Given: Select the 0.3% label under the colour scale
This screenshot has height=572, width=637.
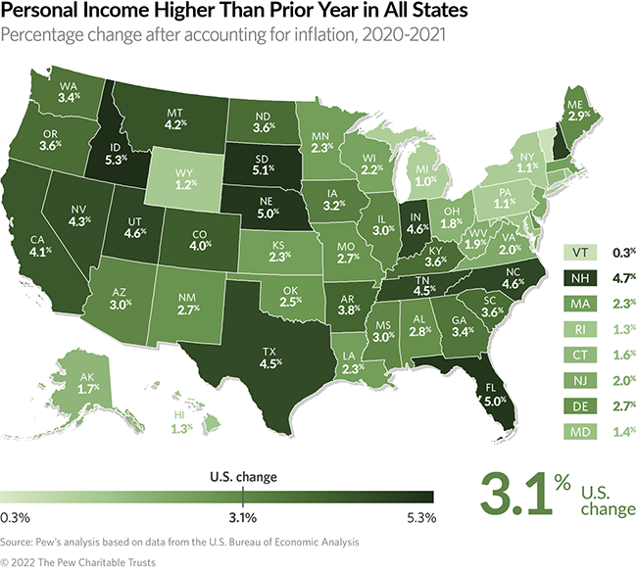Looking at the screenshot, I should [x=16, y=517].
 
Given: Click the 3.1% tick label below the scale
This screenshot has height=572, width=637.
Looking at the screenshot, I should [x=242, y=517].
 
